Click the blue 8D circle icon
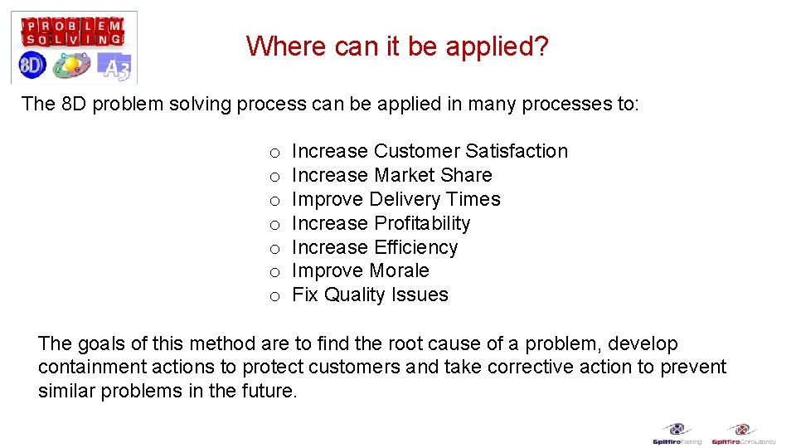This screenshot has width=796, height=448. [33, 65]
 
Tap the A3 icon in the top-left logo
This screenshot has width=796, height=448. [114, 66]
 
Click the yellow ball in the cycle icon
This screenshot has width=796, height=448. [71, 64]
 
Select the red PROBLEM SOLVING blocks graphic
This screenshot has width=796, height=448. [73, 32]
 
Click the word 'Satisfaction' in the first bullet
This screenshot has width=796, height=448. [517, 151]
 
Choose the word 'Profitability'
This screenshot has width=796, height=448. [422, 223]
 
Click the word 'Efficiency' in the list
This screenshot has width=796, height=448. [415, 247]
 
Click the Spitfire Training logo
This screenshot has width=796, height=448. [677, 434]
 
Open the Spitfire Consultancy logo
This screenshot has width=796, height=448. [743, 434]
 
